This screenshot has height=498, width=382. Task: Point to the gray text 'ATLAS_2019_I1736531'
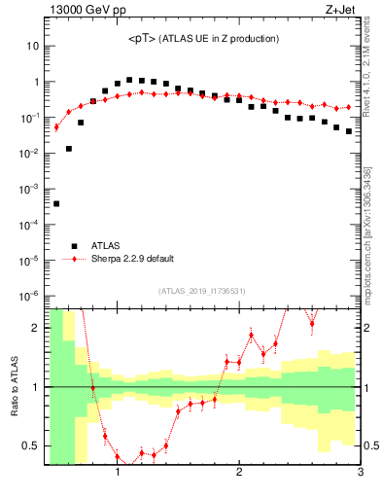tap(203, 291)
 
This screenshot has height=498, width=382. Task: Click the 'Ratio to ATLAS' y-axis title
tap(15, 386)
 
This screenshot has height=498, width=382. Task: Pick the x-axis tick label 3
tap(360, 473)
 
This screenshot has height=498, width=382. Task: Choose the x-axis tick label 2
tap(239, 473)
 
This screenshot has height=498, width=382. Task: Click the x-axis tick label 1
tap(118, 473)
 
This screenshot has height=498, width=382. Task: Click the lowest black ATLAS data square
tap(56, 203)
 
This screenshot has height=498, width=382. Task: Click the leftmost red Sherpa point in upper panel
tap(56, 126)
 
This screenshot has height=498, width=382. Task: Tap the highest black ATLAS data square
tap(129, 80)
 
